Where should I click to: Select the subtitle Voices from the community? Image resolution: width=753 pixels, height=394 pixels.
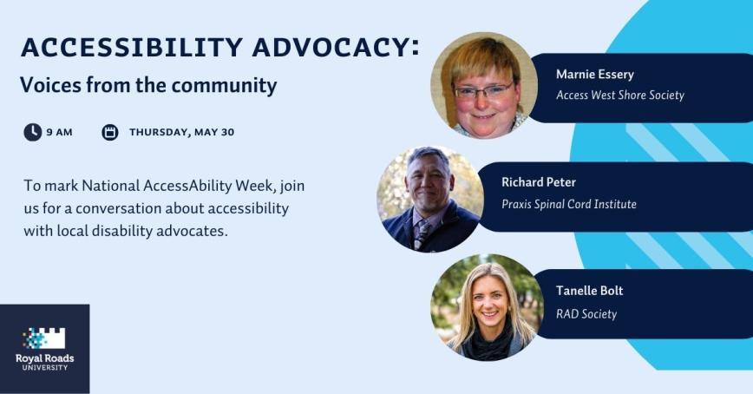pos(148,86)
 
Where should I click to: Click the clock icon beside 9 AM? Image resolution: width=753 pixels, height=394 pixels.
pos(33,132)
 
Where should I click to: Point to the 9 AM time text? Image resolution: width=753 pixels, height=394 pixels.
pos(59,133)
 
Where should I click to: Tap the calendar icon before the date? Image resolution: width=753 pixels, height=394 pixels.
pos(110,132)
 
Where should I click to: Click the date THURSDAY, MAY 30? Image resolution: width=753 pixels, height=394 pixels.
pos(181,133)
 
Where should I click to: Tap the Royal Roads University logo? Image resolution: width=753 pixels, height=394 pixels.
pos(44,348)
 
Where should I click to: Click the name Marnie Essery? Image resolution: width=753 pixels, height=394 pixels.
pos(594,75)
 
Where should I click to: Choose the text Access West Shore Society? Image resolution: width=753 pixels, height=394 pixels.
pos(619,95)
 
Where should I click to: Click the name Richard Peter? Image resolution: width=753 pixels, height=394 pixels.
pos(538,183)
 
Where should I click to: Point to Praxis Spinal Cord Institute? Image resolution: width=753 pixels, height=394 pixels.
pos(568,204)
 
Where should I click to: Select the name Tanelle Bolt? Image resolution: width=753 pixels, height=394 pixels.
pos(589,291)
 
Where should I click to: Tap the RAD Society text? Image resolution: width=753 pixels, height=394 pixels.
pos(586,313)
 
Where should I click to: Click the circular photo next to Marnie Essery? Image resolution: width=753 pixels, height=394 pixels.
pos(484,85)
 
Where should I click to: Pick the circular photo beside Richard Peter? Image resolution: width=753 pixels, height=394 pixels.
pos(429,198)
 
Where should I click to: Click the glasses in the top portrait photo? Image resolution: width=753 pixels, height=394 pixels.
pos(481,89)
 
